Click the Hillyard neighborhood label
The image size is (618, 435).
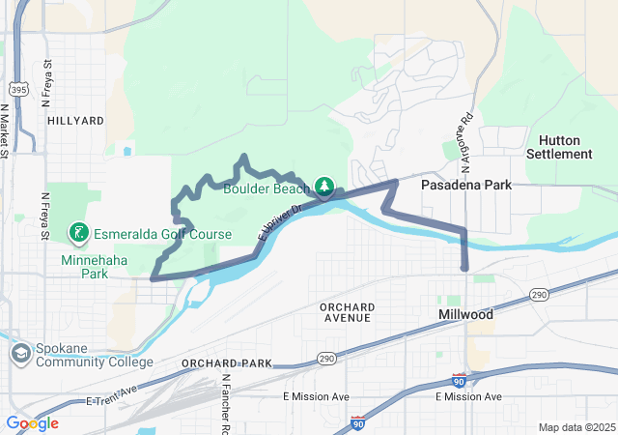[74, 121]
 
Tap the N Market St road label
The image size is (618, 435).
[5, 131]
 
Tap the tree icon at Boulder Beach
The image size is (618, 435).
[325, 187]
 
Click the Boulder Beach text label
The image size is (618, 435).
[267, 188]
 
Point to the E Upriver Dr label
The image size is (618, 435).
[280, 221]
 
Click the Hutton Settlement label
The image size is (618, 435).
[559, 147]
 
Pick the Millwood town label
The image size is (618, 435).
[466, 315]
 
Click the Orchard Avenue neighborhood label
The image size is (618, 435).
[345, 312]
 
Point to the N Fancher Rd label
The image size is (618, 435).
[225, 404]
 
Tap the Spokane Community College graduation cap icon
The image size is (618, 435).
[20, 354]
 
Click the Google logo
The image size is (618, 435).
[32, 423]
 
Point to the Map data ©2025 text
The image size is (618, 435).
[576, 427]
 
